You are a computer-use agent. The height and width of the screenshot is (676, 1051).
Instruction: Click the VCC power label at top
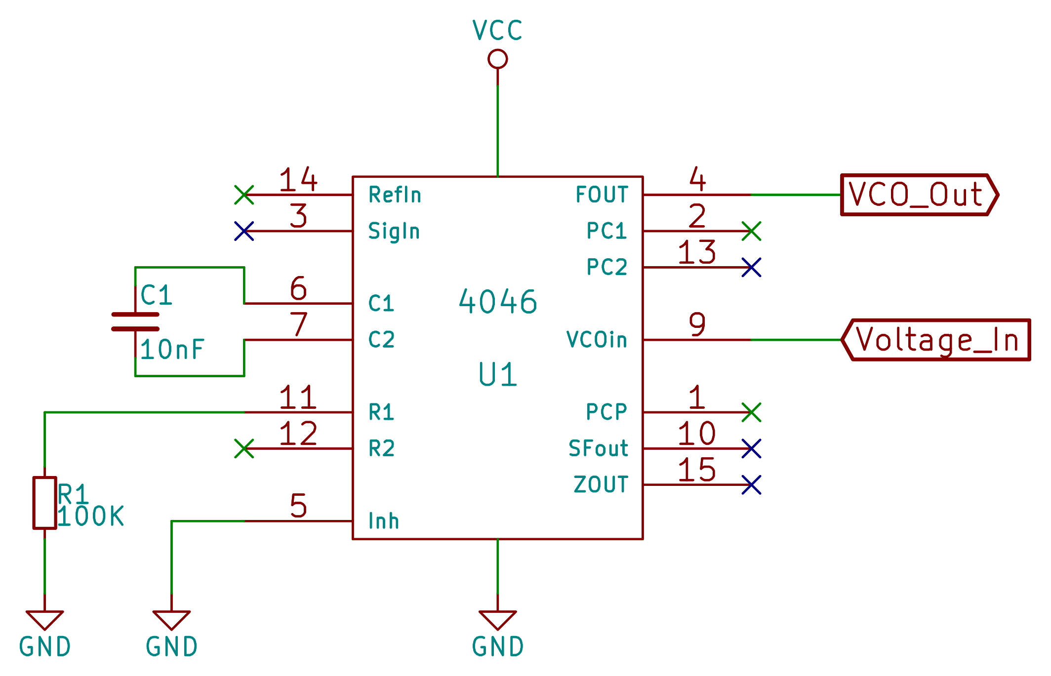tap(497, 31)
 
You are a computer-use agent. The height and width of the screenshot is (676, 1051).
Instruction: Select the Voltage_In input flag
tap(936, 340)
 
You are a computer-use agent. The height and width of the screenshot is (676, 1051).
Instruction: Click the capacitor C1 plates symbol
tap(135, 321)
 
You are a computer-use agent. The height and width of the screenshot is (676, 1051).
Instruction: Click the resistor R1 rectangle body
tap(44, 503)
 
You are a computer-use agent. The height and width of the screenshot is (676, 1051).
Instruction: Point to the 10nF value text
tap(172, 350)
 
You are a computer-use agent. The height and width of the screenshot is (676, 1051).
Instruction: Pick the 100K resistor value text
tap(90, 517)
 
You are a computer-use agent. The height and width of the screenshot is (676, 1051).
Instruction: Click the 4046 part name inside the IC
tap(497, 302)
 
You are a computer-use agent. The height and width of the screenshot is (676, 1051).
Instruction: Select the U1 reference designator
tap(497, 375)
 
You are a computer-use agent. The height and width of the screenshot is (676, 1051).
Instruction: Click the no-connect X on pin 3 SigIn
tap(244, 231)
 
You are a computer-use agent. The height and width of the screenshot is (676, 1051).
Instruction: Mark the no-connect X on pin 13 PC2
tap(751, 267)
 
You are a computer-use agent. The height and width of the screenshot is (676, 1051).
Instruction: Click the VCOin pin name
tap(597, 340)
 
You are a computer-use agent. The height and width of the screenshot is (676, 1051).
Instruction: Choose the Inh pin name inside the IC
tap(384, 521)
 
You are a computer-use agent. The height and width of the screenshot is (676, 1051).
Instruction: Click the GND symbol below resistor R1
tap(44, 620)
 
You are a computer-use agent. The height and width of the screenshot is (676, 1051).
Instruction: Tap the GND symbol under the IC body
tap(497, 620)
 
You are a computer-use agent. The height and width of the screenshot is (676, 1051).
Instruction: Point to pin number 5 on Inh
tap(298, 506)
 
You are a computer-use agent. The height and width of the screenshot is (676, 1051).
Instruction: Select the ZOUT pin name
tap(601, 484)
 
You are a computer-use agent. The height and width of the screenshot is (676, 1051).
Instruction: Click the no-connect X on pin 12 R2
tap(244, 448)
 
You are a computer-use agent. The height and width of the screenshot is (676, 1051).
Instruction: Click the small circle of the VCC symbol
tap(497, 59)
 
